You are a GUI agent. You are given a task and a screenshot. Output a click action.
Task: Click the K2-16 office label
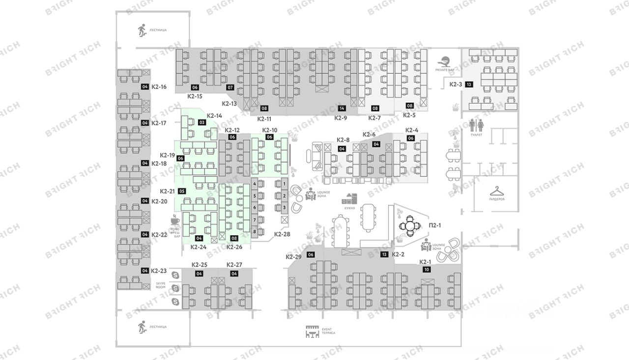159,87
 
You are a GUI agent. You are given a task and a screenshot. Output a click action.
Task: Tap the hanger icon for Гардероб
496,190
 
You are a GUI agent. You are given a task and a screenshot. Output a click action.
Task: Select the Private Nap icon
445,62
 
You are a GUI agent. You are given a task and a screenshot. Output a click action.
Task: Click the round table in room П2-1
409,226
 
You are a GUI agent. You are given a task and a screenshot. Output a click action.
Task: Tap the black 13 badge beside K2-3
469,84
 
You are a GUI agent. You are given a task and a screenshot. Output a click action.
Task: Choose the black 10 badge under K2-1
427,270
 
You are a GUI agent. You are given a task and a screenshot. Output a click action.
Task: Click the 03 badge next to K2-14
201,122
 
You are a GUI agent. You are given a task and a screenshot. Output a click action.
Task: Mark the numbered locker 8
255,231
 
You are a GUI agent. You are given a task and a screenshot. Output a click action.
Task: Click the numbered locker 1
284,184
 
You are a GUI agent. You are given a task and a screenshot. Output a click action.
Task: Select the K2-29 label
293,257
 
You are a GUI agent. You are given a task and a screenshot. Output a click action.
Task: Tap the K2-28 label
282,234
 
